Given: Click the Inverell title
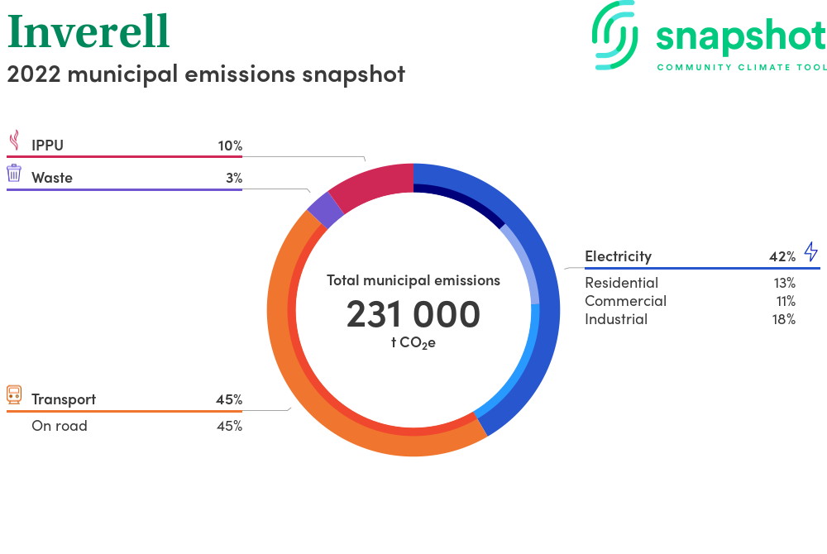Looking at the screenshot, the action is point(88,31).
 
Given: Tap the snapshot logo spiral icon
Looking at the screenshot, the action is point(614,36).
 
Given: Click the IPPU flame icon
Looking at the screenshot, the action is point(15,141).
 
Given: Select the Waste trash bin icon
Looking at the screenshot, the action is point(14,173).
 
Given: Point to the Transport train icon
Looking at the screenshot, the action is point(14,394).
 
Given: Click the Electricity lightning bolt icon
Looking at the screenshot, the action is point(811,251).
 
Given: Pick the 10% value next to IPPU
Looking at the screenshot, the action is point(230,146).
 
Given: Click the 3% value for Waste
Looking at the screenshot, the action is point(234,178).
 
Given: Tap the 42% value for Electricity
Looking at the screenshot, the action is point(782,256).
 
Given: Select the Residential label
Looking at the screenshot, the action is point(621,283).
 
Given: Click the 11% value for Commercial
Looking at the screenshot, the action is point(786,301).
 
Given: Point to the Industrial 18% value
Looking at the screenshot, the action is point(784,319).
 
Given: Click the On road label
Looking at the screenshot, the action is point(60,426).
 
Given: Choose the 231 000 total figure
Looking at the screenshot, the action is point(413,314).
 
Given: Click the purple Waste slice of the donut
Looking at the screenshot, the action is point(325,210).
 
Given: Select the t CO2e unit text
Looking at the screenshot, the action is point(413,343).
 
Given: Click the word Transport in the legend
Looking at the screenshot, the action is point(64,399).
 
